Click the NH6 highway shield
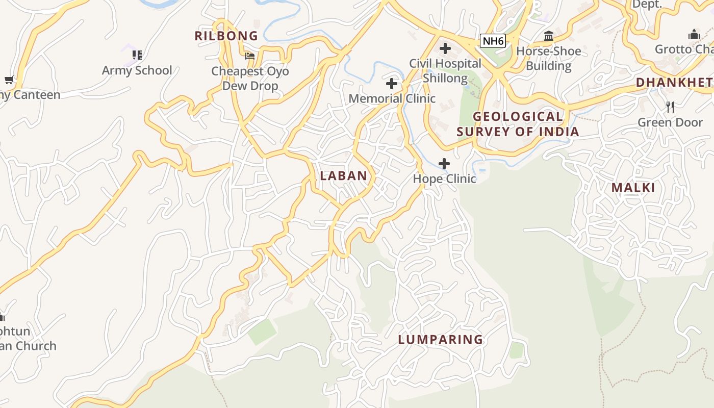point(493,41)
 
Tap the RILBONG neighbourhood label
point(226,36)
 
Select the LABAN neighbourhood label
point(344,176)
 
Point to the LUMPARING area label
point(441,340)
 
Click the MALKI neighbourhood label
point(633,188)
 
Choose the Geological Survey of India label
point(518,124)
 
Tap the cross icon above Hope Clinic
point(444,164)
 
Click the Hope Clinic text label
point(444,179)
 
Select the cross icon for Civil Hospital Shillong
point(445,48)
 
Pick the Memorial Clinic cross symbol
point(392,84)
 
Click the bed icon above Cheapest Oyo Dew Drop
point(249,56)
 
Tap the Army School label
point(137,70)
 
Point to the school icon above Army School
point(137,55)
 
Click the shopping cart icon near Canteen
point(9,80)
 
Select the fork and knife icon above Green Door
point(670,107)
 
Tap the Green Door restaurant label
point(670,122)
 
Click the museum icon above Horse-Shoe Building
point(549,36)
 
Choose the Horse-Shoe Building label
point(549,59)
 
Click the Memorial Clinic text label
point(392,98)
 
